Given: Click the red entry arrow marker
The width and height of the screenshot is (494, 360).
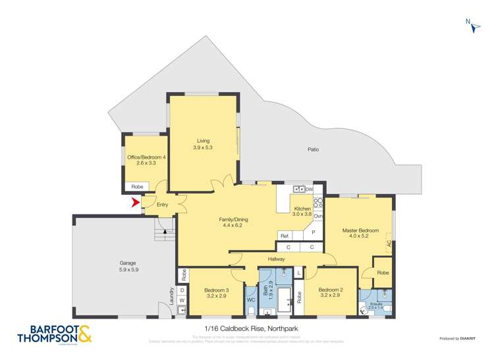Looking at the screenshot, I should (x=136, y=203).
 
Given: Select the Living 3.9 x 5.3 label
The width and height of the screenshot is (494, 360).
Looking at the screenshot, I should (x=203, y=143).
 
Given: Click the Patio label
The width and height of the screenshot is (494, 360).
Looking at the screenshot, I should (x=313, y=149).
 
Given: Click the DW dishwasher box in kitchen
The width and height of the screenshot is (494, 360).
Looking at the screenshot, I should (x=308, y=189).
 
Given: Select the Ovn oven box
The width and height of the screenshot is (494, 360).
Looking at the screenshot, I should (x=318, y=216).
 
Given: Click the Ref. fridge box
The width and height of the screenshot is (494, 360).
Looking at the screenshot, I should (x=285, y=235).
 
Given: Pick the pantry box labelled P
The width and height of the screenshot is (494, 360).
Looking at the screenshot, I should (x=313, y=232).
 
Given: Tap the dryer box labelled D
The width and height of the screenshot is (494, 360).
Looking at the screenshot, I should (x=181, y=290).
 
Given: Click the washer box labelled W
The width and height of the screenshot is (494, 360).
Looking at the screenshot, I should (x=181, y=300).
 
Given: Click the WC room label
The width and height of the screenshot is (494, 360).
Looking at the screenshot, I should (x=250, y=300).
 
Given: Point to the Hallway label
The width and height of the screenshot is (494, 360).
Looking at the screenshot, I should (x=276, y=259).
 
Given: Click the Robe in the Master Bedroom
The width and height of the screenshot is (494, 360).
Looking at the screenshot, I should (x=381, y=272).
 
